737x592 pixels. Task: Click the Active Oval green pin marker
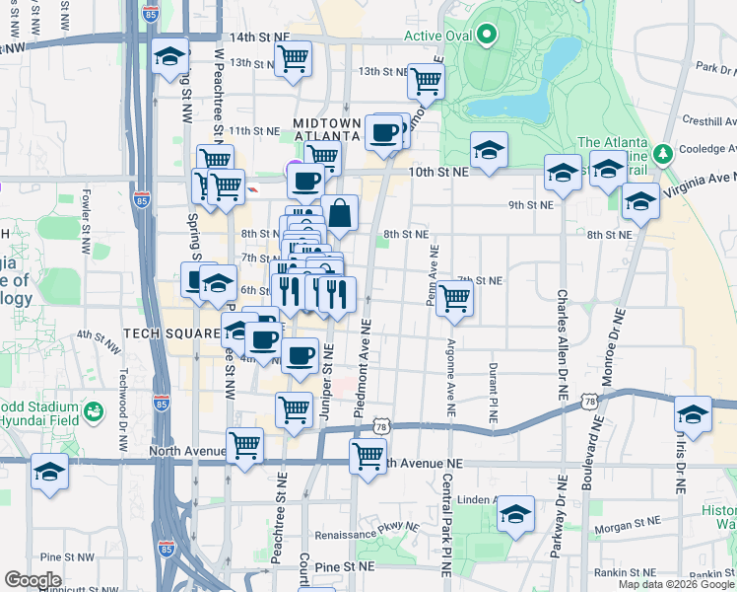point(486,37)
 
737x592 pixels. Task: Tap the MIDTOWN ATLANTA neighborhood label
point(329,128)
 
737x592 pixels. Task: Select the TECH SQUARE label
point(170,333)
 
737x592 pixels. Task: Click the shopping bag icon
point(339,213)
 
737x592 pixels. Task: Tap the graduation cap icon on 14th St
point(171,57)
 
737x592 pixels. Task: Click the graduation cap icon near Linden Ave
point(515,513)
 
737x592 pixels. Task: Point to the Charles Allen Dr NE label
point(562,343)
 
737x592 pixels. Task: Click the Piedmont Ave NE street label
point(366,364)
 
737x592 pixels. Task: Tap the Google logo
point(33,580)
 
